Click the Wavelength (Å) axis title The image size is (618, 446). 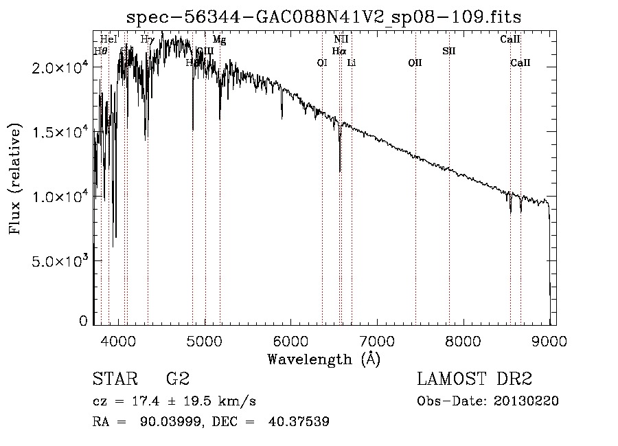tap(323, 359)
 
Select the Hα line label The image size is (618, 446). tap(339, 51)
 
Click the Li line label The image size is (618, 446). tap(352, 63)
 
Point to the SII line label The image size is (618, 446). tap(449, 51)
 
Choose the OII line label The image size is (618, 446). tap(415, 63)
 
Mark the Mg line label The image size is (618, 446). tap(219, 40)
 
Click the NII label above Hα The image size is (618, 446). tap(341, 40)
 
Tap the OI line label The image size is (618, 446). tap(321, 63)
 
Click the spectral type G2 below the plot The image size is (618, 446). tap(178, 379)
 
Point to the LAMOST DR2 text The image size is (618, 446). tap(474, 379)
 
